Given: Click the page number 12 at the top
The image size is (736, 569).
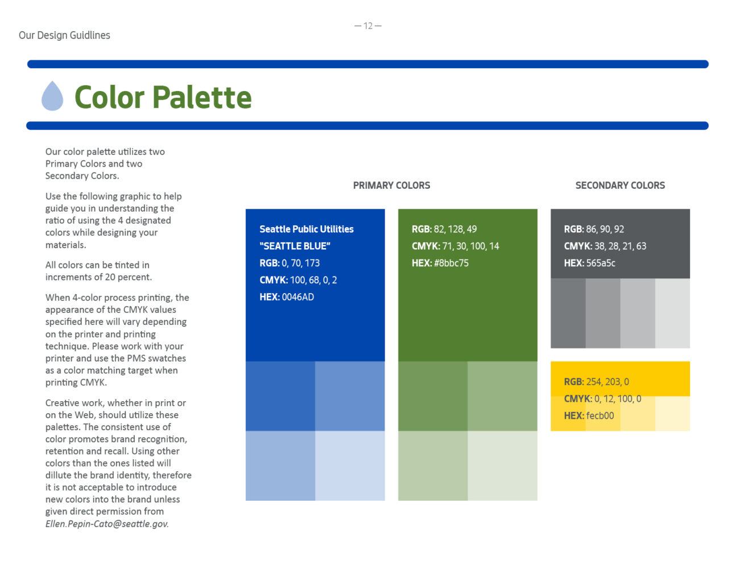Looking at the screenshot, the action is click(368, 26).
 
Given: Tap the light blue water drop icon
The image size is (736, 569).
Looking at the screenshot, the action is click(52, 96).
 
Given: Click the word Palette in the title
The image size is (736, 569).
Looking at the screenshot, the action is click(202, 97).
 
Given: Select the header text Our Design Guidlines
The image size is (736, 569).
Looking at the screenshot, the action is click(64, 35).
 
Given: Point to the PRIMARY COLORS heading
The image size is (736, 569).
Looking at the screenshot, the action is click(391, 185).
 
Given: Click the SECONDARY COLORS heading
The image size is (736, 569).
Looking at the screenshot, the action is click(620, 185).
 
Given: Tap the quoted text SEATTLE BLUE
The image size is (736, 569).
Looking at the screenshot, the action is click(295, 246).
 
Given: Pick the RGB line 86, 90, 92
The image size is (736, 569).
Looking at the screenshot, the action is click(594, 229).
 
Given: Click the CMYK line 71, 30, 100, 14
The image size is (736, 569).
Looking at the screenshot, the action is click(455, 246).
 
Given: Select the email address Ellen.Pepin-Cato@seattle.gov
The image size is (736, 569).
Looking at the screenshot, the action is click(107, 524).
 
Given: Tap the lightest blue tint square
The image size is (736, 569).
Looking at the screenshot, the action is click(350, 465).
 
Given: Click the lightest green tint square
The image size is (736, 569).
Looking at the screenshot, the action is click(503, 465).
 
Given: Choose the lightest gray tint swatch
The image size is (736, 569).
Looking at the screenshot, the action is click(672, 314).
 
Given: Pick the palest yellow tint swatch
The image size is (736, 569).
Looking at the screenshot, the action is click(672, 414).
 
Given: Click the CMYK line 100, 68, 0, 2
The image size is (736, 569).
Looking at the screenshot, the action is click(298, 280).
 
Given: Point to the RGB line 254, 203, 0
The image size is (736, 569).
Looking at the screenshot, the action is click(596, 382).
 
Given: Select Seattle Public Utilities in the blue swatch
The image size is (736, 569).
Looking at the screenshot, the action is click(307, 229).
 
